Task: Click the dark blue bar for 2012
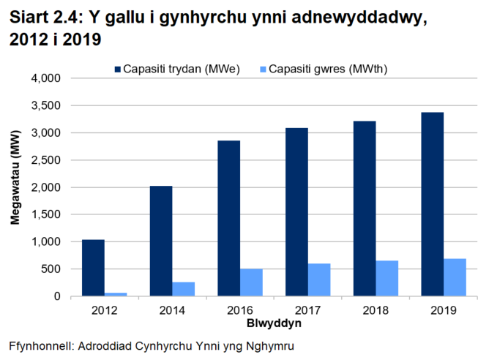(x=93, y=268)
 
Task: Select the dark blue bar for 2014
(x=161, y=241)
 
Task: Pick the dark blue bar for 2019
(x=432, y=204)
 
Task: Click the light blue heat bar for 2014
(x=184, y=289)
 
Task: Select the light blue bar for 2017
(x=318, y=280)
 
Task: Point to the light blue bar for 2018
(x=387, y=278)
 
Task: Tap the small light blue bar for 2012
(x=116, y=294)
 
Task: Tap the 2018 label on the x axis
(x=375, y=310)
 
